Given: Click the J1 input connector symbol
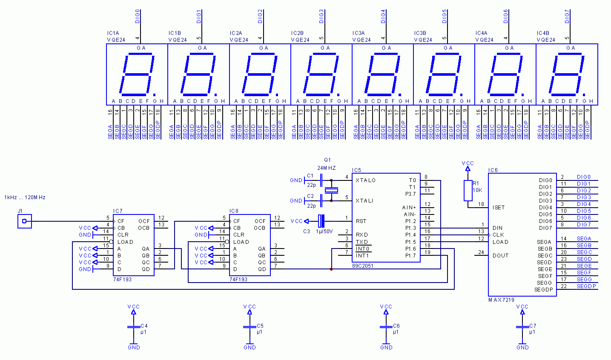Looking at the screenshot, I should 25,221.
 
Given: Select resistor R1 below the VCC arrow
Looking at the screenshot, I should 468,190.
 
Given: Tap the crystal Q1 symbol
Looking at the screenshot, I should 331,190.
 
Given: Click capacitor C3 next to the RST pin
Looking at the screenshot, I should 322,221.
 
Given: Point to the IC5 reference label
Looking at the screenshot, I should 356,170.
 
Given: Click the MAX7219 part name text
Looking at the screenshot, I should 501,300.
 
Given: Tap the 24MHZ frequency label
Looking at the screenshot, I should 326,168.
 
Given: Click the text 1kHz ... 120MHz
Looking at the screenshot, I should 25,197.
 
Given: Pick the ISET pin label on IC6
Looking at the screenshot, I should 498,208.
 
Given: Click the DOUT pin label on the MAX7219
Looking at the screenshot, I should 500,255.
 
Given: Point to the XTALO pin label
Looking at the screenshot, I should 366,180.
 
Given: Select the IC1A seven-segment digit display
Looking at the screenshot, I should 137,74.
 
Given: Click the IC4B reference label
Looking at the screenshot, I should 543,33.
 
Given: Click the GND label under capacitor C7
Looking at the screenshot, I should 522,348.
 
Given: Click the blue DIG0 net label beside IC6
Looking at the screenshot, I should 584,177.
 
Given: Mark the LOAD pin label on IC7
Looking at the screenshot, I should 125,242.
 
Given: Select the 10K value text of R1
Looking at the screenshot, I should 477,190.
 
